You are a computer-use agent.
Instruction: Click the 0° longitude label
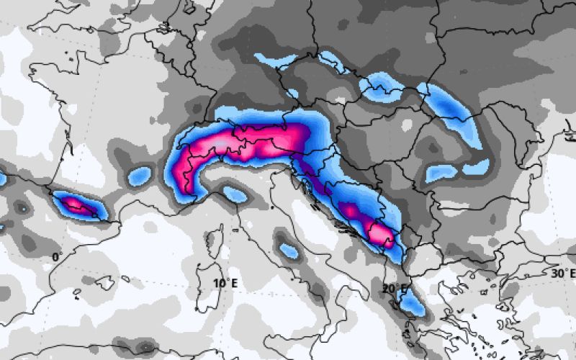pos(55,257)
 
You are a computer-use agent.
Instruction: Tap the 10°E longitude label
pos(225,284)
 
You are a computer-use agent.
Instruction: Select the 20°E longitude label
pos(395,289)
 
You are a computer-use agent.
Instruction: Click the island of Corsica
pos(212,240)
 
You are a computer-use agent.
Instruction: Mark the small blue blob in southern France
pos(140,175)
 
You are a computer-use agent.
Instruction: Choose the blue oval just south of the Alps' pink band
pos(233,193)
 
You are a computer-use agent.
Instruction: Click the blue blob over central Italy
pos(289,251)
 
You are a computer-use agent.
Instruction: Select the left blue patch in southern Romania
pos(441,173)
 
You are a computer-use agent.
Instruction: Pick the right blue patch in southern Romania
pos(476,167)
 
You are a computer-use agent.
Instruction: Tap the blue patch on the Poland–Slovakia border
pos(382,87)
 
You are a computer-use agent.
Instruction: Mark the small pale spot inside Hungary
pos(408,125)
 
